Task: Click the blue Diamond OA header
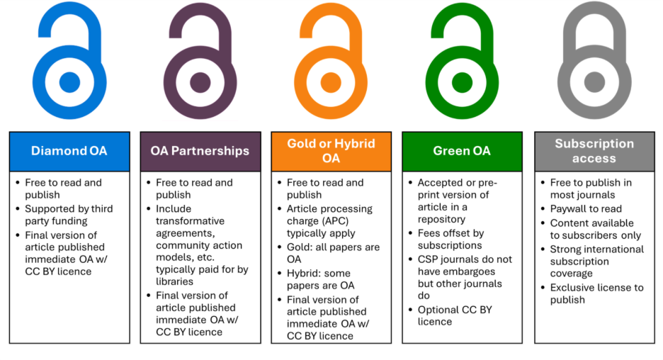[x=69, y=151]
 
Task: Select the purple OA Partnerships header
[x=200, y=151]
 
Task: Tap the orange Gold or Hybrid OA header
[x=331, y=151]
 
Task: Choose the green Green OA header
[x=462, y=151]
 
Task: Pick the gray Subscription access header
[x=594, y=151]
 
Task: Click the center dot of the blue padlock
[x=69, y=82]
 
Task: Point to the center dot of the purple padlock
[x=200, y=82]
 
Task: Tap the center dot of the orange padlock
[x=331, y=82]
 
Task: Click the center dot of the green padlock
[x=462, y=82]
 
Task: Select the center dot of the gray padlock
[x=594, y=82]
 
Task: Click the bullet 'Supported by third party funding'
[x=68, y=215]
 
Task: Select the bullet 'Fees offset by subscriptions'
[x=450, y=239]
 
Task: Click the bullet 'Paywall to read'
[x=586, y=208]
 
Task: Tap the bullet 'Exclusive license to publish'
[x=596, y=293]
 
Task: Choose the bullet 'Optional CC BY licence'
[x=454, y=315]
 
